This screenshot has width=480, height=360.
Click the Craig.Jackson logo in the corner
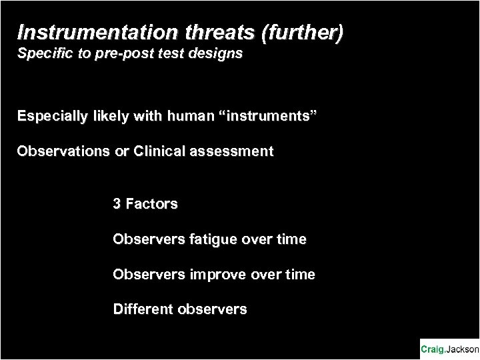[449, 349]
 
